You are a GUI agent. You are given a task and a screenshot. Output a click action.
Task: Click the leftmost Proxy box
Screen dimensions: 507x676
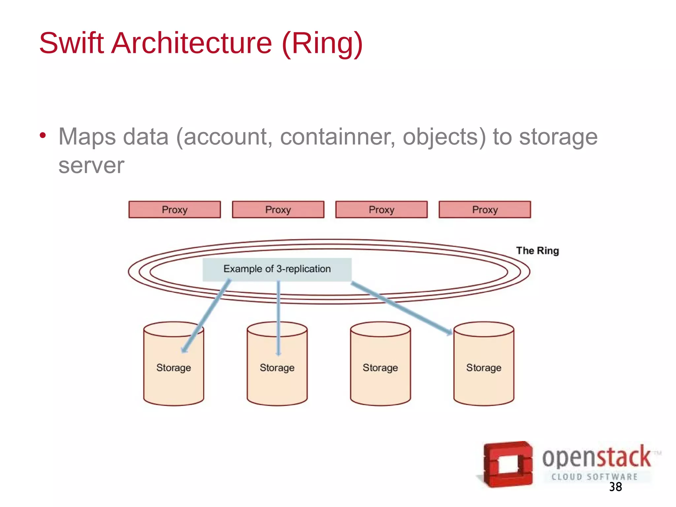pos(175,210)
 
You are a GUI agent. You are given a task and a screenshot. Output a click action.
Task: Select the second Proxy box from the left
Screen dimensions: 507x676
pos(278,210)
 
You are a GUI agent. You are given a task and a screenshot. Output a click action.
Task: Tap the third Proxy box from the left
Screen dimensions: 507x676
pos(381,210)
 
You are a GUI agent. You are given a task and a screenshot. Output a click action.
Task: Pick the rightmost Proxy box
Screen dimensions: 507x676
pos(485,210)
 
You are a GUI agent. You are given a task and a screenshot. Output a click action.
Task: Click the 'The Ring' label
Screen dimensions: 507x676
pos(537,251)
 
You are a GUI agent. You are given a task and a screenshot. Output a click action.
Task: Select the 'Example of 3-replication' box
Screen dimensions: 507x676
pos(277,269)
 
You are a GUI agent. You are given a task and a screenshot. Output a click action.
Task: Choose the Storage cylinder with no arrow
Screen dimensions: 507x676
pos(380,366)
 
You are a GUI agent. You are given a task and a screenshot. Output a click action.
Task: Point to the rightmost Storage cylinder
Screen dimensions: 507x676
pos(484,366)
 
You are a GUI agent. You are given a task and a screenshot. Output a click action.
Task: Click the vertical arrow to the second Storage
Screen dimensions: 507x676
pos(279,317)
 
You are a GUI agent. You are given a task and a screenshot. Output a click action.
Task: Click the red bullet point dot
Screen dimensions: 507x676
pos(43,135)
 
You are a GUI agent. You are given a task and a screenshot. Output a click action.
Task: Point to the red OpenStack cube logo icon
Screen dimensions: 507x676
pos(507,464)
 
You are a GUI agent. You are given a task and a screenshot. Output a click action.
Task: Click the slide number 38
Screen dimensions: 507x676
pos(615,487)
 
